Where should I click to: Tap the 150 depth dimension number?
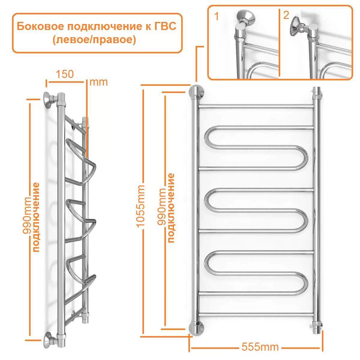coord(64,74)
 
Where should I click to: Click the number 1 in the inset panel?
coord(216,16)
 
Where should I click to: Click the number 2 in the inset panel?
coord(286,16)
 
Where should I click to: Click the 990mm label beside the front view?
coord(162,207)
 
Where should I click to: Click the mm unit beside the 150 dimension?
coord(98,82)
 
